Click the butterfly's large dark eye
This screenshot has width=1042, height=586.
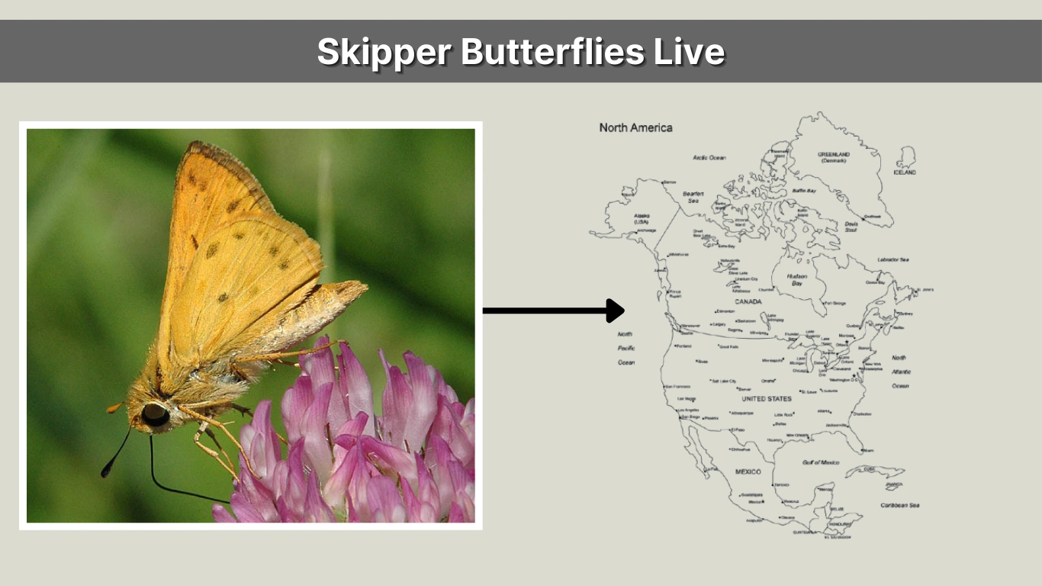click(155, 414)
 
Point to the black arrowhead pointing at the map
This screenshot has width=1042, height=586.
click(615, 311)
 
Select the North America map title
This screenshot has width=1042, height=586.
click(635, 127)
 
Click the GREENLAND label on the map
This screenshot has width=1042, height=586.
click(834, 154)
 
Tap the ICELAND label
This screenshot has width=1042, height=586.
click(905, 172)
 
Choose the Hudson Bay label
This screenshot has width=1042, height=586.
click(796, 279)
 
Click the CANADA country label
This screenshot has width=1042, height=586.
click(748, 301)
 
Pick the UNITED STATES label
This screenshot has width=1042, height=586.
click(767, 398)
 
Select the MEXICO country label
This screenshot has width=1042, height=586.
click(748, 472)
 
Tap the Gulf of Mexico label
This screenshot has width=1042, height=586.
click(820, 462)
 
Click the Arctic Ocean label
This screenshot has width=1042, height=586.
click(709, 157)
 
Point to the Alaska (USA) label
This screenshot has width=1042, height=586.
click(641, 218)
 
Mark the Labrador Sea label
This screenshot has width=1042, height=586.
click(892, 259)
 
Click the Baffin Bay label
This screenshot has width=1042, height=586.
click(804, 190)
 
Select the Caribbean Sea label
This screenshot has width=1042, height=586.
click(899, 505)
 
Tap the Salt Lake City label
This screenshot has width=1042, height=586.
click(724, 381)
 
